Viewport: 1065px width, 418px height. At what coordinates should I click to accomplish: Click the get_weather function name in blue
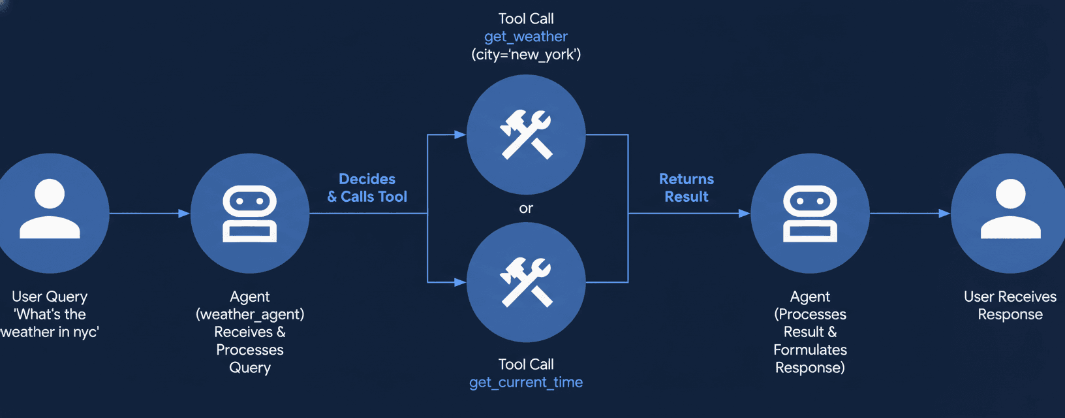pos(525,37)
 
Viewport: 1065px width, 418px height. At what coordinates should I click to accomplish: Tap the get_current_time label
pos(525,382)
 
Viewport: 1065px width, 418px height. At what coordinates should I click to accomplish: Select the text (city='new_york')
pos(525,54)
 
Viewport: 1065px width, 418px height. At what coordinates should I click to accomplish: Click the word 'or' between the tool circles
pos(526,208)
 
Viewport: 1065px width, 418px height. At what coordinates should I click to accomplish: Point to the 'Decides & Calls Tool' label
pos(367,188)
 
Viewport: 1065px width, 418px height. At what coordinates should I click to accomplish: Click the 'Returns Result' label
pos(687,188)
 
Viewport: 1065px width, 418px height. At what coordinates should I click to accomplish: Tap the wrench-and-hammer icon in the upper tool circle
pos(526,135)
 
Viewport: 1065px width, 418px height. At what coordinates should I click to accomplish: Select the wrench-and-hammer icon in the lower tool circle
pos(526,282)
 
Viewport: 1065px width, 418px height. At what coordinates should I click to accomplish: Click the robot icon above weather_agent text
pos(250,214)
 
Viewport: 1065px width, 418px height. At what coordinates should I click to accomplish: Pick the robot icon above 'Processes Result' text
pos(810,214)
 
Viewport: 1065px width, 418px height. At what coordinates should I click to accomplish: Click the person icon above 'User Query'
pos(50,208)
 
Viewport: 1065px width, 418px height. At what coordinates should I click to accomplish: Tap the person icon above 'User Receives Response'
pos(1010,208)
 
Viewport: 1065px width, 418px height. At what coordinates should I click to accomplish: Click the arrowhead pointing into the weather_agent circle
pos(184,214)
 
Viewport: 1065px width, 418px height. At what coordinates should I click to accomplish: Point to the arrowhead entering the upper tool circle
pos(460,135)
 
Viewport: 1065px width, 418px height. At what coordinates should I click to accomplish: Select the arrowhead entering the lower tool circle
pos(460,282)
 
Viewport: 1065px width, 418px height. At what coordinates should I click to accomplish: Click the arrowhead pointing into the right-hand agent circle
pos(744,214)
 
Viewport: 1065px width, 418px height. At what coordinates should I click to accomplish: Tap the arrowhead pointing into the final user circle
pos(944,214)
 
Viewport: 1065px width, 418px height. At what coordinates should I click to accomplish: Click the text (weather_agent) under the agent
pos(250,314)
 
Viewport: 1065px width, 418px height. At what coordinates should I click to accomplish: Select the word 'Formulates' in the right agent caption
pos(810,349)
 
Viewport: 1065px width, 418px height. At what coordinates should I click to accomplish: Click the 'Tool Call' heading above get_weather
pos(525,18)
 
